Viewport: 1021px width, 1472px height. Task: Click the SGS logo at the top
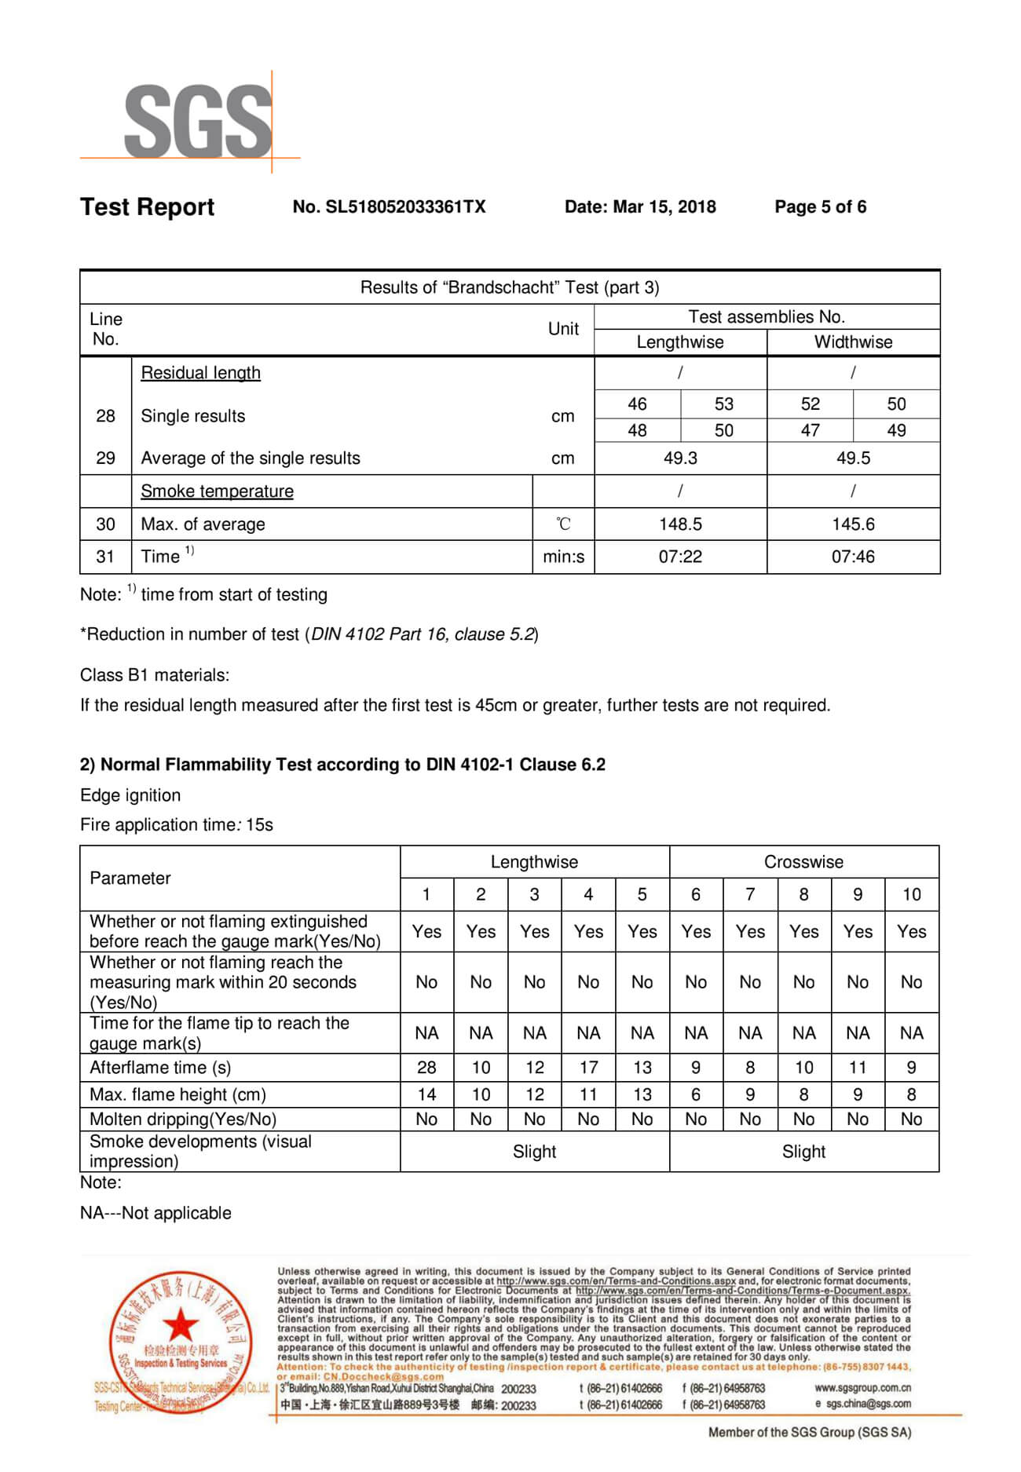pyautogui.click(x=198, y=122)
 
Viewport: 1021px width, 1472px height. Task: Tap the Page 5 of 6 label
pyautogui.click(x=820, y=207)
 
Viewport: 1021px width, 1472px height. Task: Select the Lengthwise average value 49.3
pyautogui.click(x=680, y=458)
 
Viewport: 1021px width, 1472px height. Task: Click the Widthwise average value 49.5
pyautogui.click(x=853, y=458)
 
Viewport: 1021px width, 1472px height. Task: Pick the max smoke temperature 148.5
pyautogui.click(x=680, y=524)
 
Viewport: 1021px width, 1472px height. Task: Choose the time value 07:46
pyautogui.click(x=853, y=557)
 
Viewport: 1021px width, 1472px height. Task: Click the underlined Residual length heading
pyautogui.click(x=200, y=373)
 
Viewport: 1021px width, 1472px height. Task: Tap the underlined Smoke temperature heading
pyautogui.click(x=217, y=491)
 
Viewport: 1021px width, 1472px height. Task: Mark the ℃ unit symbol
pyautogui.click(x=563, y=524)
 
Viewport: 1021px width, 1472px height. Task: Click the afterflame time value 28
pyautogui.click(x=426, y=1068)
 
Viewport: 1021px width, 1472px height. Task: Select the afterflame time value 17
pyautogui.click(x=588, y=1068)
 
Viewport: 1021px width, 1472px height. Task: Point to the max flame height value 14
pyautogui.click(x=426, y=1094)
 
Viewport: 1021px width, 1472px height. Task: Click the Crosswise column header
pyautogui.click(x=803, y=862)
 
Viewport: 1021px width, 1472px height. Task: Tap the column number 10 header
pyautogui.click(x=911, y=895)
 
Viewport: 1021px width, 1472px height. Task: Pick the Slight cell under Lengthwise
pyautogui.click(x=534, y=1152)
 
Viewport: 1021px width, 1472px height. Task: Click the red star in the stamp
pyautogui.click(x=181, y=1325)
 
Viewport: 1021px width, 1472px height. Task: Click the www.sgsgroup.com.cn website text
pyautogui.click(x=862, y=1388)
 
